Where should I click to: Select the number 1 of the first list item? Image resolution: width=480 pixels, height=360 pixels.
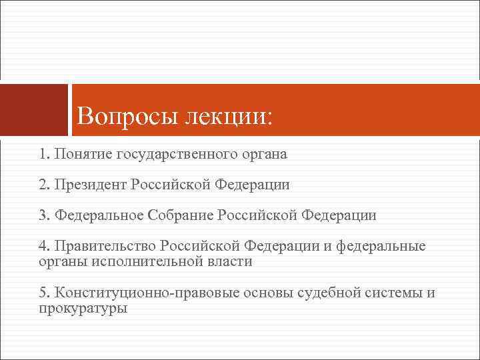tap(43, 155)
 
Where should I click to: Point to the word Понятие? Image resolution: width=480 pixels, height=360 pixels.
tap(83, 155)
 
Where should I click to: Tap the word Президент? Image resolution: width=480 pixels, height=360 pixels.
tap(91, 185)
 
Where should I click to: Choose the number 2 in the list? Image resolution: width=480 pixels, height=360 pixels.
tap(43, 185)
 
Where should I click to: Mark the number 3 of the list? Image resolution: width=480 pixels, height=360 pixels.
tap(43, 215)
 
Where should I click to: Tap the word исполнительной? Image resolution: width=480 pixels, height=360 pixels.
tap(139, 261)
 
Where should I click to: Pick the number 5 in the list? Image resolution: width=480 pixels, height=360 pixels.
tap(43, 293)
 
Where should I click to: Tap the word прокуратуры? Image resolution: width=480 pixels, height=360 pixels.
tap(83, 309)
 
